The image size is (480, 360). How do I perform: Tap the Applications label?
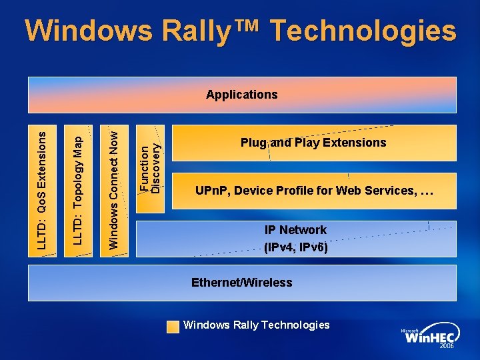(x=241, y=95)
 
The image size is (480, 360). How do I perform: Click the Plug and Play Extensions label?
(x=313, y=143)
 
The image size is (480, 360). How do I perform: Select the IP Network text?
(x=295, y=230)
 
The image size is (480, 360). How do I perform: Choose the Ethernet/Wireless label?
(x=241, y=283)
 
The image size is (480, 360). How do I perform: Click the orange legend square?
(x=173, y=326)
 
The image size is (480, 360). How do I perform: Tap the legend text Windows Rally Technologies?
(x=257, y=325)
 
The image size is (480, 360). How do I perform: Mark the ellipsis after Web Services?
(x=427, y=192)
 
